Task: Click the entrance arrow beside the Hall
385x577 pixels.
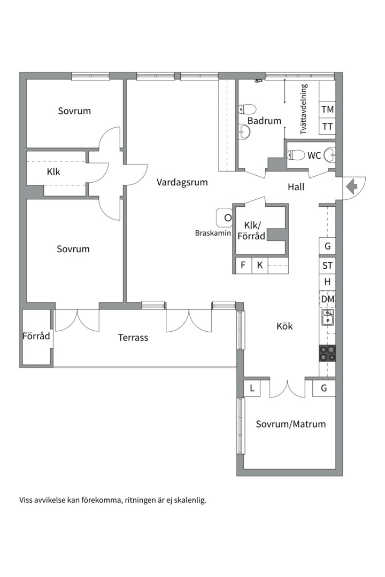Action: click(x=352, y=186)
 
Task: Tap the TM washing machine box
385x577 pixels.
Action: click(x=328, y=110)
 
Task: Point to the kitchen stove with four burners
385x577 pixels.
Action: click(x=328, y=353)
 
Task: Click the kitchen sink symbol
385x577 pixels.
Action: click(x=328, y=317)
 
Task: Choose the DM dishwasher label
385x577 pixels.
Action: click(x=328, y=299)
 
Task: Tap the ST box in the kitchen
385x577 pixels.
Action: click(x=328, y=266)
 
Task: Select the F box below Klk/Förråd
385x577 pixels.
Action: click(x=243, y=265)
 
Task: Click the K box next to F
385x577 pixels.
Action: click(x=260, y=265)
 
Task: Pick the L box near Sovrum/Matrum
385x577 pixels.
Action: click(x=252, y=388)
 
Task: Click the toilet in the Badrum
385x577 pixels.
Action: click(x=247, y=110)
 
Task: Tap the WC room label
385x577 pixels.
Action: click(x=314, y=155)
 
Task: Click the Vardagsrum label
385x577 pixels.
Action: click(x=182, y=182)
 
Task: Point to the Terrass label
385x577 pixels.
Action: click(x=133, y=338)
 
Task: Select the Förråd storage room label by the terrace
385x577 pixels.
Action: click(x=36, y=336)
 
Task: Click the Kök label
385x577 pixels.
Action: click(x=284, y=326)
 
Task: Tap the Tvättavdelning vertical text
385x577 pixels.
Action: click(x=304, y=110)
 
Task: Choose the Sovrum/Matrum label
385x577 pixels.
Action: click(x=291, y=424)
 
